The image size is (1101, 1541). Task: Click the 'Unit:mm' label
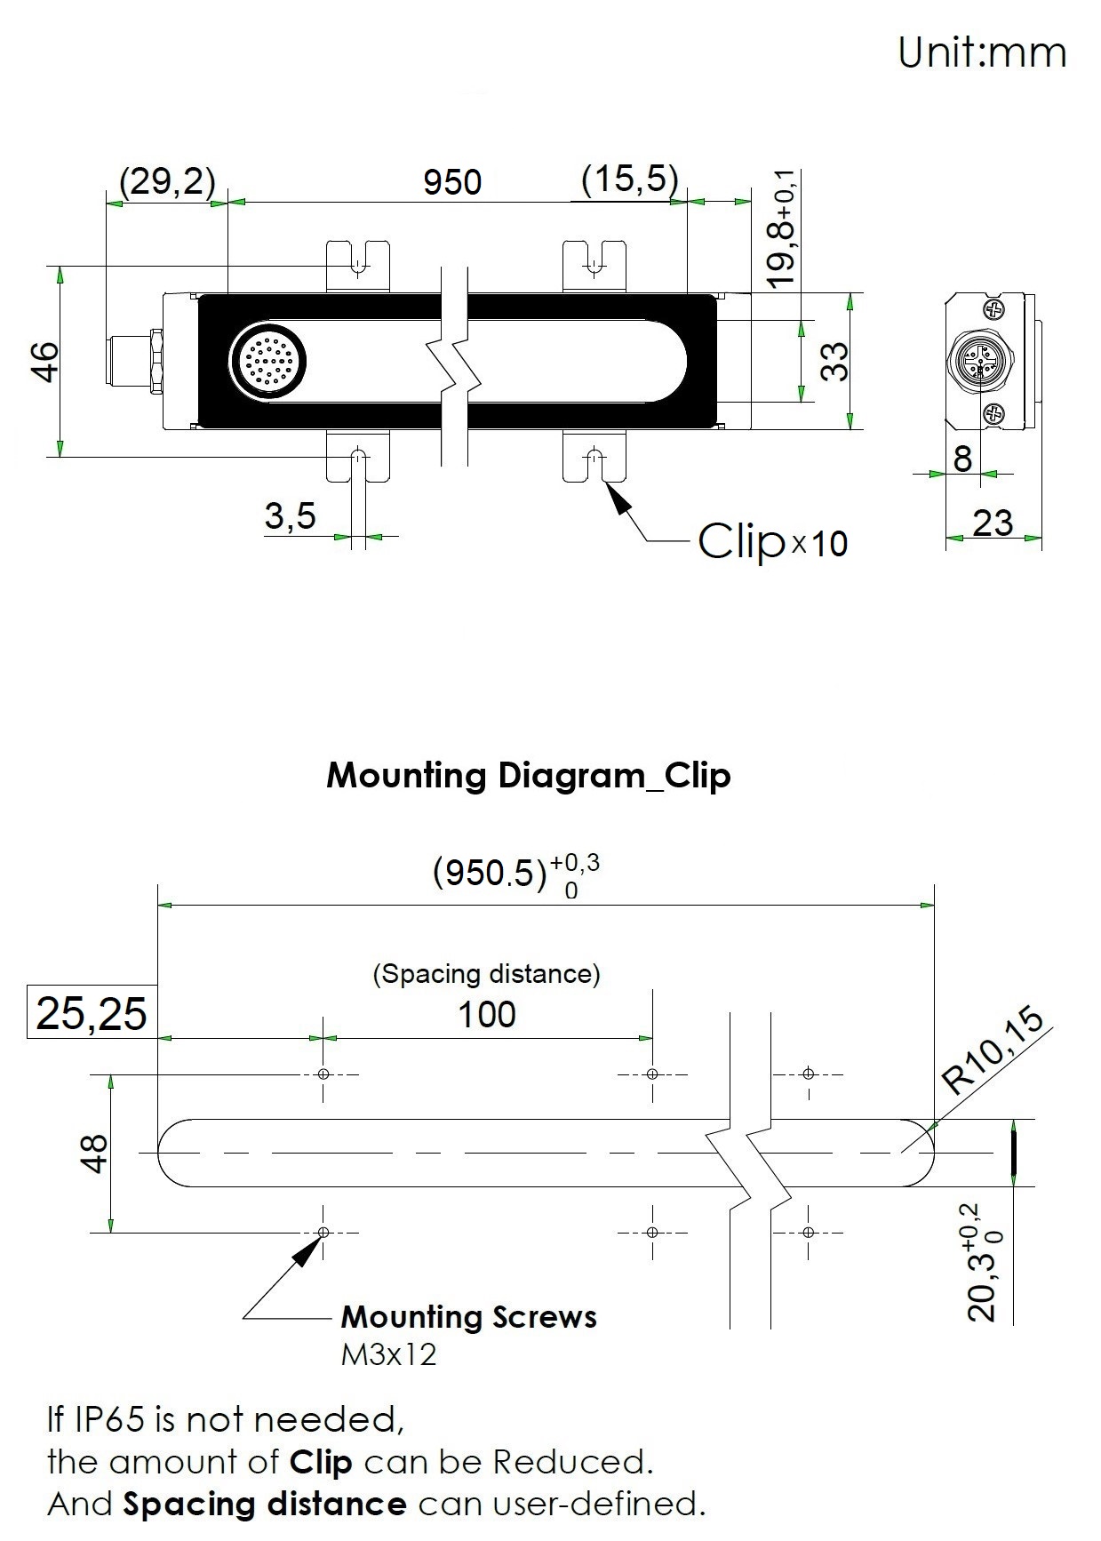point(982,52)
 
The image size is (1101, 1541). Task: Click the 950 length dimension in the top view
point(452,182)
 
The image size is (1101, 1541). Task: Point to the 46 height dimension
point(44,361)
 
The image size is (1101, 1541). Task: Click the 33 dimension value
point(834,362)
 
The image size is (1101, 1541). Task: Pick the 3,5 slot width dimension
point(290,515)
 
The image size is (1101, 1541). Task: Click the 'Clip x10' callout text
point(773,540)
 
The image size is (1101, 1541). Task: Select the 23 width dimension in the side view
point(993,523)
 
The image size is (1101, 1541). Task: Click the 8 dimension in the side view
point(962,459)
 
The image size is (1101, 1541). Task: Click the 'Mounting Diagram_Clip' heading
point(529,775)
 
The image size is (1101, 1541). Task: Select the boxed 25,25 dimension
point(92,1012)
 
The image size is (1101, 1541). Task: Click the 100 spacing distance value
point(487,1014)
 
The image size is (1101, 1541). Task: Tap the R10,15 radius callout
point(993,1053)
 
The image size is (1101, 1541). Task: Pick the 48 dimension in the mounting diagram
point(93,1154)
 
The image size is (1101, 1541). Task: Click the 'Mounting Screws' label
point(469,1316)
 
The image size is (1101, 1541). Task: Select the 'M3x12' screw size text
point(389,1354)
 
